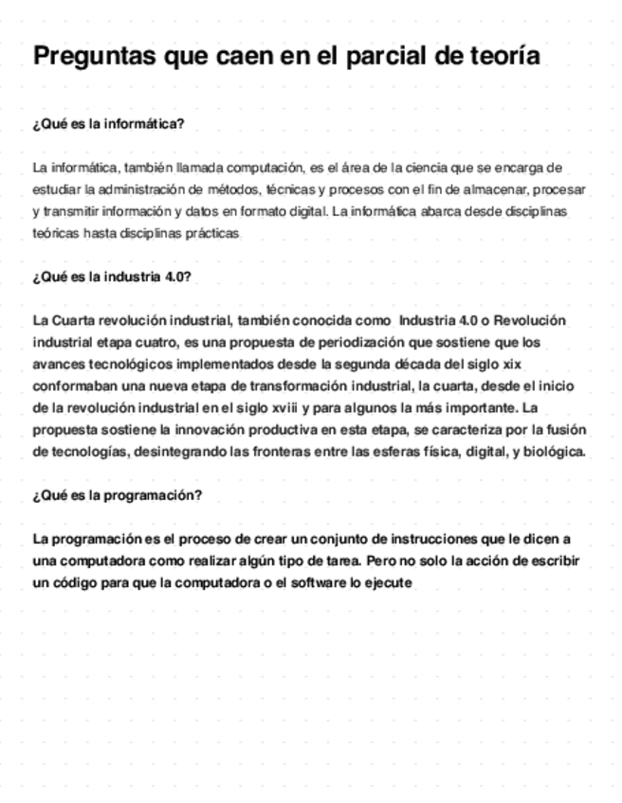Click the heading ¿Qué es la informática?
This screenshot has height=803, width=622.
coord(108,124)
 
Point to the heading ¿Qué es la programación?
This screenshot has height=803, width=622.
coord(117,495)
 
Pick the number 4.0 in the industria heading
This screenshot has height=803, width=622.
coord(176,277)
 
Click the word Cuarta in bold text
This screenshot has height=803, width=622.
coord(75,321)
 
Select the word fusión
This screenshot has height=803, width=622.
coord(563,430)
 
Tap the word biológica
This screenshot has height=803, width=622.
coord(552,452)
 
